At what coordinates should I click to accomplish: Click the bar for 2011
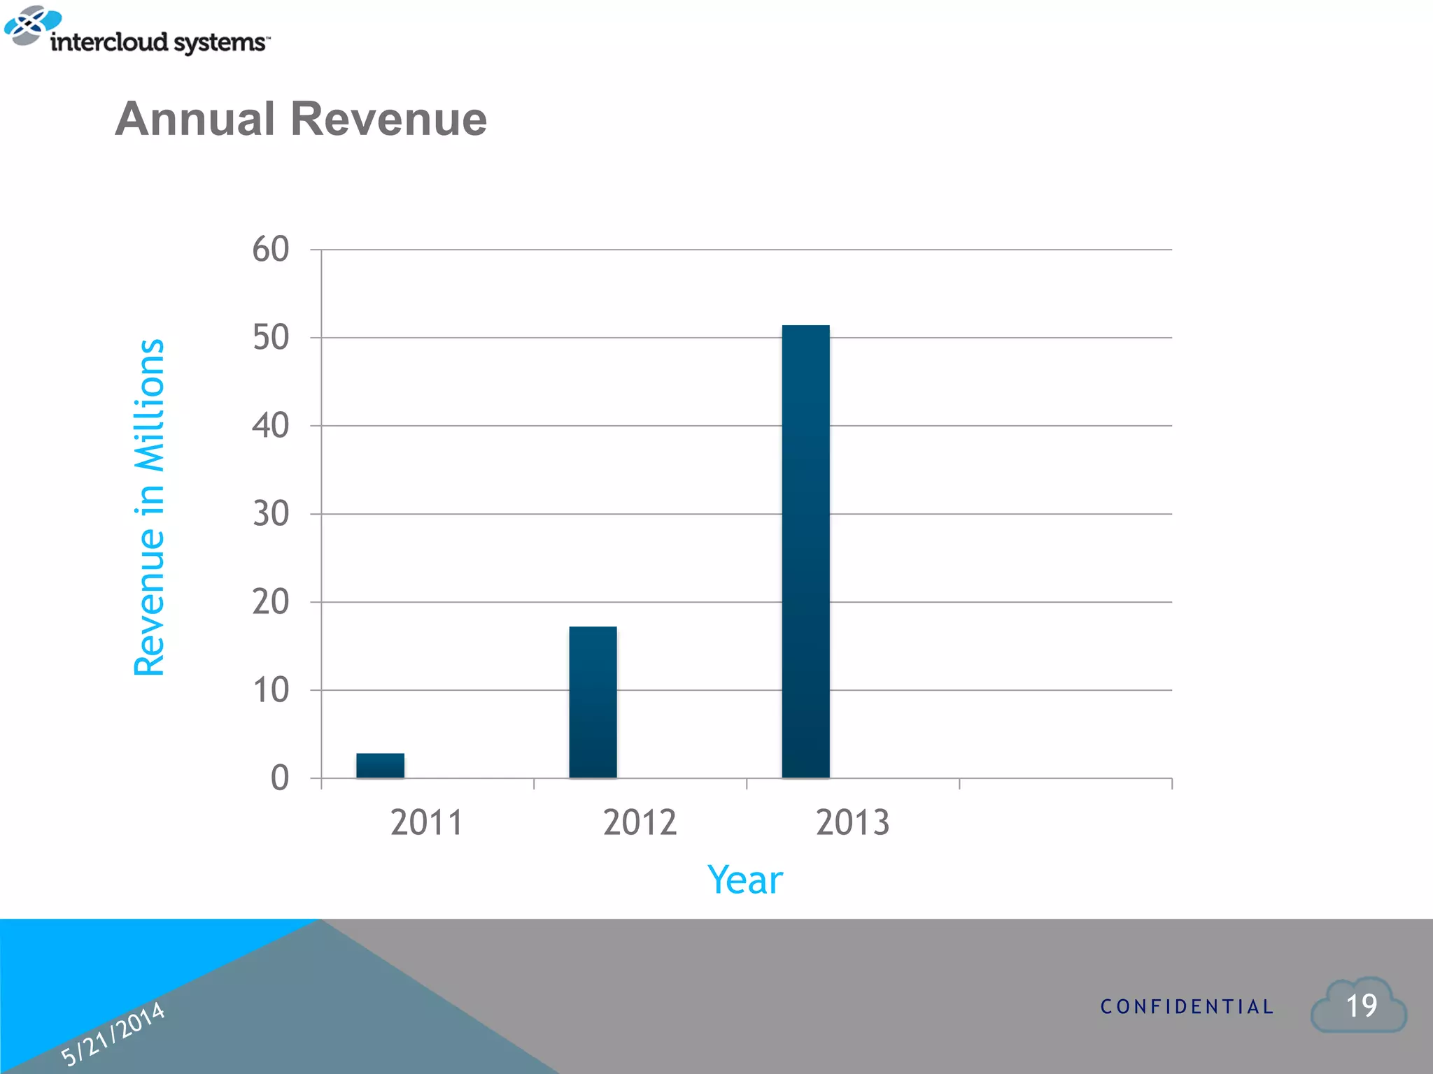coord(380,765)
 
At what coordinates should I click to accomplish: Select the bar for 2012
coord(593,702)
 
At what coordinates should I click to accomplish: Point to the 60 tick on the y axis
coord(270,250)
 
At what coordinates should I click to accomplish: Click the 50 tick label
coord(270,338)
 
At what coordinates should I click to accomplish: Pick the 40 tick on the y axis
coord(270,426)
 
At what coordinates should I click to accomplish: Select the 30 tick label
coord(270,514)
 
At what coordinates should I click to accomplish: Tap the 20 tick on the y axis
coord(270,602)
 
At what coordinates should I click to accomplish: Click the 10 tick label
coord(270,690)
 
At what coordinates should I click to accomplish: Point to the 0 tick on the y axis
coord(279,778)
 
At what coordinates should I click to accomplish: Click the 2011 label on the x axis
coord(427,822)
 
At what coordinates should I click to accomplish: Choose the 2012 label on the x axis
coord(640,822)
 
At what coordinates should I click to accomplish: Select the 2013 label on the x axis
coord(852,822)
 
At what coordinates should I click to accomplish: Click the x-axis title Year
coord(744,880)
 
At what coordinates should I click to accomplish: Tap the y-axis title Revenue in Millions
coord(149,508)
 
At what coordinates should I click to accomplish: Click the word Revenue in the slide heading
coord(388,119)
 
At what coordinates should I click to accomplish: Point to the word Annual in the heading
coord(195,119)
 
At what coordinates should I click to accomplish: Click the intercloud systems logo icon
coord(31,25)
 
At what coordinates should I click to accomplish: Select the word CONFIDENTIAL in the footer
coord(1187,1007)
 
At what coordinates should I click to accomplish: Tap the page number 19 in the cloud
coord(1361,1006)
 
